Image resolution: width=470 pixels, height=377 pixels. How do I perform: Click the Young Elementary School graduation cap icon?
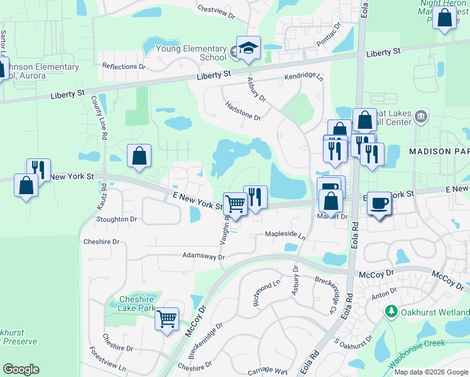[x=248, y=48]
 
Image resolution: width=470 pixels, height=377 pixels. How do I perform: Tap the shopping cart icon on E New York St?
[x=235, y=203]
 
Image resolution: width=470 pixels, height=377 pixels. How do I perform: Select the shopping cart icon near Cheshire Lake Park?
[x=167, y=319]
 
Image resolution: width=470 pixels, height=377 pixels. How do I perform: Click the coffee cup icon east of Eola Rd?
[x=379, y=203]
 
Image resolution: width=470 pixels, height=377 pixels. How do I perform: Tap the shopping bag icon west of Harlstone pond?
[x=139, y=156]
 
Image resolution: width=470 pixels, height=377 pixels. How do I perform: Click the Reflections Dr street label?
[x=124, y=67]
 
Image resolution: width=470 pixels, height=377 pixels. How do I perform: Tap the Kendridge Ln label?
[x=303, y=76]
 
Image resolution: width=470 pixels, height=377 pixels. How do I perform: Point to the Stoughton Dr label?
[x=117, y=219]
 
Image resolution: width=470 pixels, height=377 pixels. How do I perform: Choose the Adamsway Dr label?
[x=203, y=256]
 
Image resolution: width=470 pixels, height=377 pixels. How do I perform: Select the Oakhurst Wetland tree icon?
[x=391, y=312]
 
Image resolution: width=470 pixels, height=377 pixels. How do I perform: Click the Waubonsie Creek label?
[x=417, y=343]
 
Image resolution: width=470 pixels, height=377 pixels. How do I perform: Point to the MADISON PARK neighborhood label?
[x=439, y=151]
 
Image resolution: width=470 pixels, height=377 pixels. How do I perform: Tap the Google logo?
[x=21, y=369]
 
